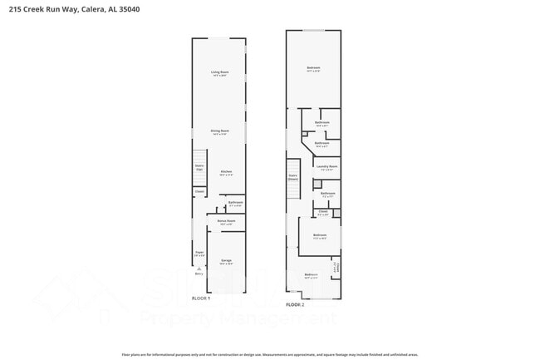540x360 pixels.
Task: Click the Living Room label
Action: (219, 73)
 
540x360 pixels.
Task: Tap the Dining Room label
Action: (219, 131)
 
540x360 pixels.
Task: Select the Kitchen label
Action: (226, 173)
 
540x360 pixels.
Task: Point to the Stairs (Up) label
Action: (199, 167)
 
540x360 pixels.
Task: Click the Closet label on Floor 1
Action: (199, 191)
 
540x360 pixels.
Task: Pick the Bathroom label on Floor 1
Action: (235, 203)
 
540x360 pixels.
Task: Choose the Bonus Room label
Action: (227, 222)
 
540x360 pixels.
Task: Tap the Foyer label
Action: (199, 253)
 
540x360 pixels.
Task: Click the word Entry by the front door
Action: (199, 273)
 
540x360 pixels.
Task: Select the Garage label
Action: (226, 261)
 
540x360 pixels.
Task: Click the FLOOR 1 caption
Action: (202, 298)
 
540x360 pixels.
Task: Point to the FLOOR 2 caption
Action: (296, 304)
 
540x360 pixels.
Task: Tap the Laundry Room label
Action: (326, 167)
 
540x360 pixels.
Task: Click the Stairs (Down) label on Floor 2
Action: (293, 177)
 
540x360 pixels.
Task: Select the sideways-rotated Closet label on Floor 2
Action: (336, 268)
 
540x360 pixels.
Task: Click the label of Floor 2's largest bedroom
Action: (313, 68)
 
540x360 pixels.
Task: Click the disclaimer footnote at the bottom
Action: (270, 353)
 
